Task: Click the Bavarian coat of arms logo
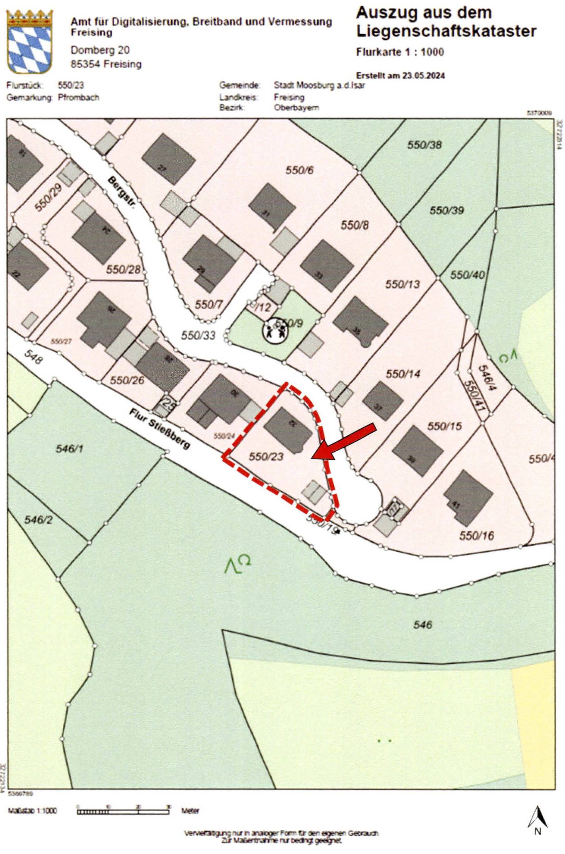(x=30, y=41)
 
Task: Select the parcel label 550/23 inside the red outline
(x=266, y=456)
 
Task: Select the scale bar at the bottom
(x=123, y=799)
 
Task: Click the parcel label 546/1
(x=70, y=449)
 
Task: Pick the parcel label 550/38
(x=424, y=145)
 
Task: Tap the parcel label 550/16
(x=476, y=535)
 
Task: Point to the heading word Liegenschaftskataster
(x=446, y=31)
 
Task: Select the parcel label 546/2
(x=38, y=520)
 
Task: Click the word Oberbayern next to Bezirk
(x=296, y=107)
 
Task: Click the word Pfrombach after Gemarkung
(x=78, y=97)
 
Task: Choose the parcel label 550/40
(x=467, y=275)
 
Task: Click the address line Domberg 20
(x=100, y=50)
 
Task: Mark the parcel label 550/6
(x=300, y=170)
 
